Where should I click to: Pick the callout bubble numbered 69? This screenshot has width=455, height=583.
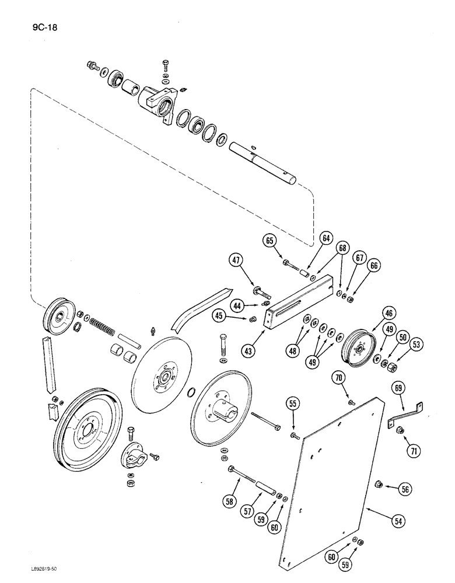pyautogui.click(x=399, y=386)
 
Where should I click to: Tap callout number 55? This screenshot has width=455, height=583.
pyautogui.click(x=293, y=403)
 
